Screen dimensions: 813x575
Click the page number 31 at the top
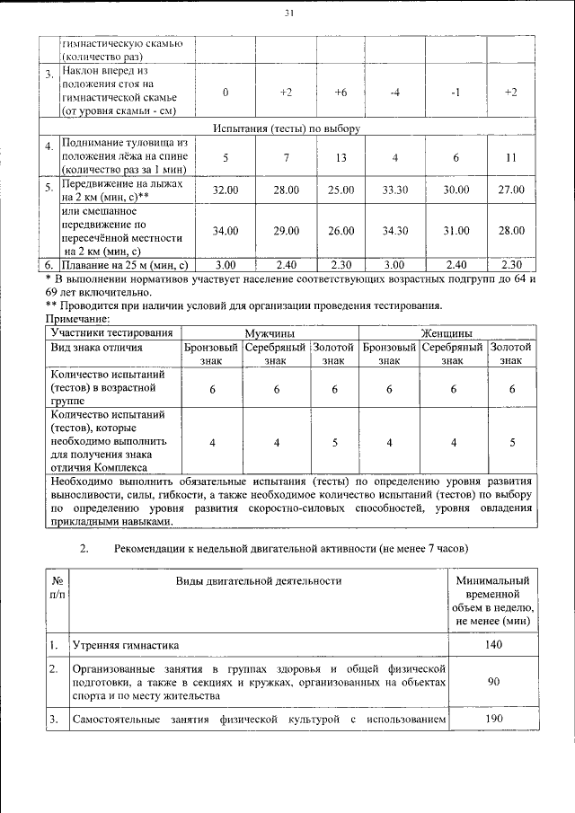coord(288,13)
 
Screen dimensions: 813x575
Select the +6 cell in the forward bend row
coord(341,92)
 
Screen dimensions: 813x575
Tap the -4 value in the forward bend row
coord(395,92)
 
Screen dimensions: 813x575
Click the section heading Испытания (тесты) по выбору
coord(287,128)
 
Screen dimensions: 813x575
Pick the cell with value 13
coord(341,158)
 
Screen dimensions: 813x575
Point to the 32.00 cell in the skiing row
coord(225,190)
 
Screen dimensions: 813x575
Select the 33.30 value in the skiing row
coord(395,190)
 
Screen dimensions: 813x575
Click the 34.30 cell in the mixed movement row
coord(395,231)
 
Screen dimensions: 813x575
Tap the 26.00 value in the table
coord(341,231)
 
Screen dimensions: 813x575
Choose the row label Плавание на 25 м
coord(123,265)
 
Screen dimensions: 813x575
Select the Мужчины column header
coord(270,332)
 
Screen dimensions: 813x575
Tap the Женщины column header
coord(447,332)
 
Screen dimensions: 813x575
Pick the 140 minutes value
coord(493,645)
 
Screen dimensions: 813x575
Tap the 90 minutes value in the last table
coord(493,683)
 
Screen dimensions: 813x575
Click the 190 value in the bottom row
coord(493,720)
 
